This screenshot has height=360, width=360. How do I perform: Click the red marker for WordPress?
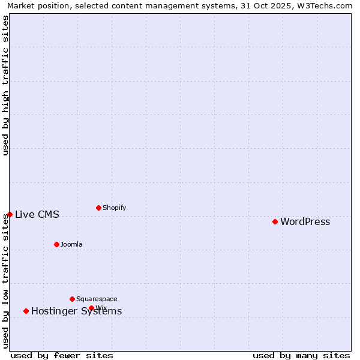(x=275, y=221)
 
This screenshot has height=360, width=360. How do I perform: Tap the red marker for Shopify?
(x=98, y=208)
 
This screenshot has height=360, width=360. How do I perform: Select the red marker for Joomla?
(x=56, y=244)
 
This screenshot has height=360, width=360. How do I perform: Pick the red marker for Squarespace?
(x=72, y=299)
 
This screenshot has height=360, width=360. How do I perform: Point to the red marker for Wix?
(x=91, y=308)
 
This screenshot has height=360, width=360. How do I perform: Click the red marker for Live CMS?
(x=10, y=214)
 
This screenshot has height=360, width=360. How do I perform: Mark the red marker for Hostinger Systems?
(x=26, y=311)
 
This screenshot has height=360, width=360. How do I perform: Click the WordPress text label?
(x=305, y=222)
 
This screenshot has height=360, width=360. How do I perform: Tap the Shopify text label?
(x=114, y=208)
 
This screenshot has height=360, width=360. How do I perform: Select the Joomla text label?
(x=71, y=245)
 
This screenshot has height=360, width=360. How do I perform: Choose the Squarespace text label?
(x=97, y=299)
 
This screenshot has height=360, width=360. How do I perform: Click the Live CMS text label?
(x=37, y=215)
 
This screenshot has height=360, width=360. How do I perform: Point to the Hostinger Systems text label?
(x=76, y=311)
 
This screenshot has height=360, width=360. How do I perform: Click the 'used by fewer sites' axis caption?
(x=62, y=356)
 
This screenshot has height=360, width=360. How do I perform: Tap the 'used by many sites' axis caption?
(x=301, y=356)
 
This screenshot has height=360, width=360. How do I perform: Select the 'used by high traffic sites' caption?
(x=6, y=85)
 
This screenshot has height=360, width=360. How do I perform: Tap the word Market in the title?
(x=22, y=6)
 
